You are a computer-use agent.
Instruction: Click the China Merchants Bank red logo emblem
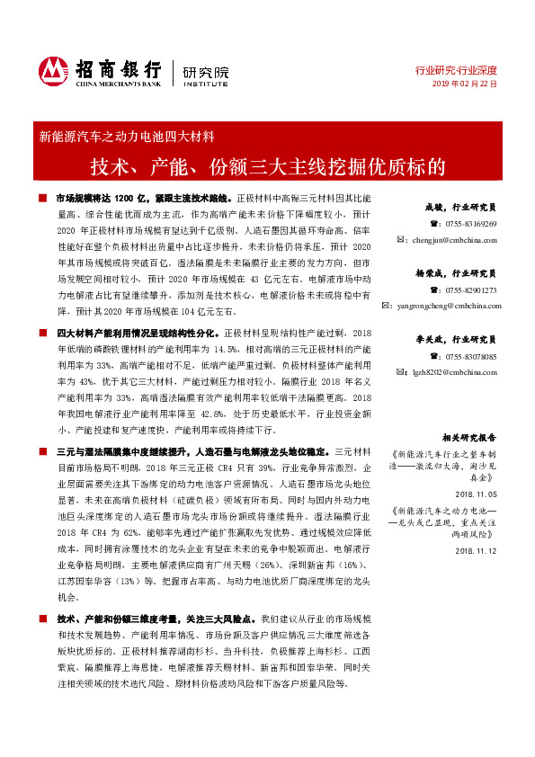[55, 71]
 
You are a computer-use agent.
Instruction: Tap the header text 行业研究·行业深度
[455, 69]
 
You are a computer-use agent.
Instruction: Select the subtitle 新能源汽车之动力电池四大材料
[126, 138]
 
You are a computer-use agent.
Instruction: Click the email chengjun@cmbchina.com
[453, 240]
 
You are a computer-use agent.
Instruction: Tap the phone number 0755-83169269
[470, 224]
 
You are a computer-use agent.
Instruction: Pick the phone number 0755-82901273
[470, 289]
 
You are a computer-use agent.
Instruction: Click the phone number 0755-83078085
[470, 356]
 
